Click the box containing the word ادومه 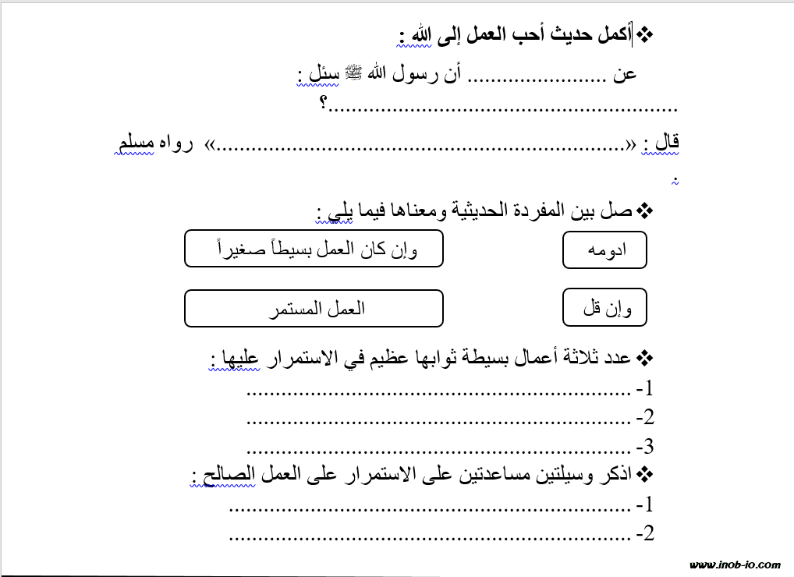click(604, 250)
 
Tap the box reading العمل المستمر click(314, 309)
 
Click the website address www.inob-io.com click(735, 565)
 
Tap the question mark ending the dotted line click(323, 105)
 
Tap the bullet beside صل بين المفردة click(646, 211)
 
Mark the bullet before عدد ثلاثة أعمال click(646, 359)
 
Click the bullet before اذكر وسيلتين click(646, 474)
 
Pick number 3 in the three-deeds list click(644, 448)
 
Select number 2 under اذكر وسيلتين click(644, 534)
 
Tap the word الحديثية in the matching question click(483, 211)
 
